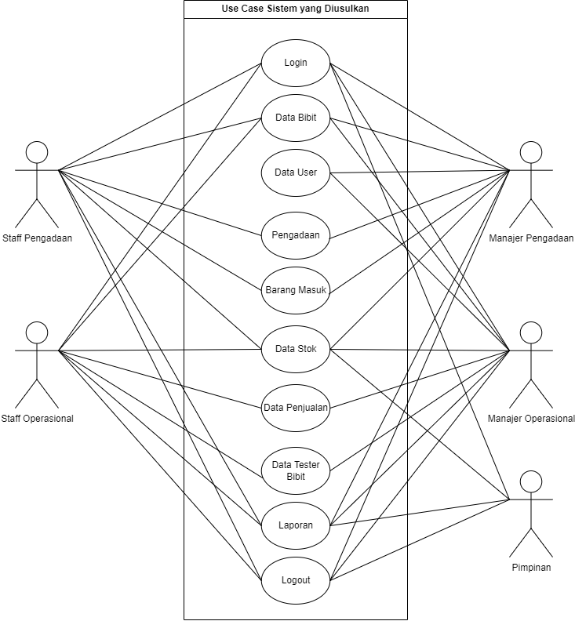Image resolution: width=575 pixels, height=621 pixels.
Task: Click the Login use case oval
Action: coord(296,63)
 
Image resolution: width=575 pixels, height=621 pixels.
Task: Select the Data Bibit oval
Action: coord(296,118)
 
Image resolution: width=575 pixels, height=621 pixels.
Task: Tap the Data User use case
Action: coord(296,172)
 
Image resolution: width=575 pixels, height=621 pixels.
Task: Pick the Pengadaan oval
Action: coord(296,234)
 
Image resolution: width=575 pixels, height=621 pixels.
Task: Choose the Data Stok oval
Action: coord(296,349)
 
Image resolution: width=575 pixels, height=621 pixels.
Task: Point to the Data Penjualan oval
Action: coord(296,407)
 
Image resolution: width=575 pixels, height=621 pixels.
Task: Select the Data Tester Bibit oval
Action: coord(296,470)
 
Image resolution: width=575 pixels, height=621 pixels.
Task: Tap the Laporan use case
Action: coord(296,525)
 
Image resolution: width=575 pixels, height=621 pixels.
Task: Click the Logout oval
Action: coord(296,580)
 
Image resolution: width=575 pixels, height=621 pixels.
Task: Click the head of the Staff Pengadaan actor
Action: coord(37,152)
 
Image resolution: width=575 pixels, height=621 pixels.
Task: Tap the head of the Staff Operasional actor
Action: coord(37,332)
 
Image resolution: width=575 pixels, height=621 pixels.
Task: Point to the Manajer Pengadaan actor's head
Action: coord(531,152)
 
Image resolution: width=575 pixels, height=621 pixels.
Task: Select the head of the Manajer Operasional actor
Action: coord(531,332)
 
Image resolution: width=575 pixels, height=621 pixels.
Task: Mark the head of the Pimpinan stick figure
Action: coord(531,481)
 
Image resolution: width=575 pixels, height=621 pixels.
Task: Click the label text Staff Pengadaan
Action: coord(37,238)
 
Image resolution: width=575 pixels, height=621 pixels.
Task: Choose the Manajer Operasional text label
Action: coord(531,419)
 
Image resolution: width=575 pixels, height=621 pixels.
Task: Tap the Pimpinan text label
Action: coord(531,568)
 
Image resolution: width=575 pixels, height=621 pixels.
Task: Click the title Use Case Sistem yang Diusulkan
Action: coord(296,9)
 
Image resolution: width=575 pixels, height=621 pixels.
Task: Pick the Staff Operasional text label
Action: coord(37,419)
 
